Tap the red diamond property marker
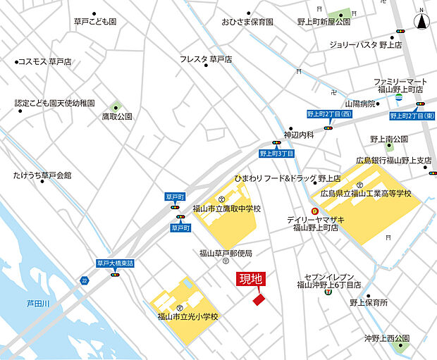[x=259, y=299]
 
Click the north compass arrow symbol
[x=422, y=20]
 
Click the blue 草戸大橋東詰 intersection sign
[x=115, y=263]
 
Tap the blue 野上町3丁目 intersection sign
[x=277, y=153]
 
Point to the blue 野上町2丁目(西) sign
[x=328, y=114]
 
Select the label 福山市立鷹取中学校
[x=226, y=209]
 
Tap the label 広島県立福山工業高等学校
[x=365, y=193]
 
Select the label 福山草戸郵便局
[x=225, y=253]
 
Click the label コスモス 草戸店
[x=44, y=62]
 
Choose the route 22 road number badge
[x=85, y=280]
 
